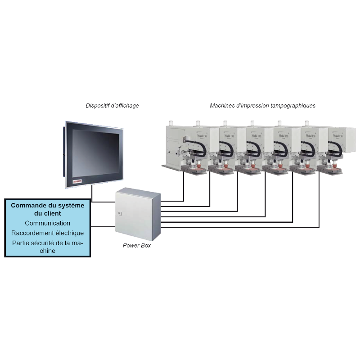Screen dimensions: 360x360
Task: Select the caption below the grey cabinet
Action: [x=137, y=245]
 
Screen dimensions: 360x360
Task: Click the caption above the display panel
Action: [x=112, y=106]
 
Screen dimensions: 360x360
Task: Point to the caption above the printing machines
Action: [x=263, y=106]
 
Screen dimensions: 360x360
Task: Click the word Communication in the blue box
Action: [x=48, y=223]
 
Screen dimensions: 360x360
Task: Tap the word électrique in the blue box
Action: [x=68, y=233]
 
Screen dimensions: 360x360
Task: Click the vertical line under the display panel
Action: [x=92, y=191]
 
